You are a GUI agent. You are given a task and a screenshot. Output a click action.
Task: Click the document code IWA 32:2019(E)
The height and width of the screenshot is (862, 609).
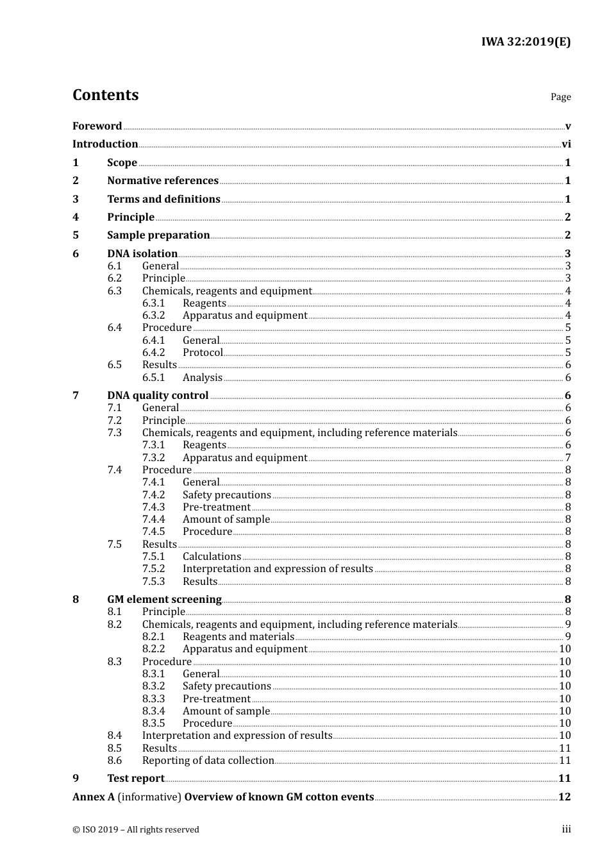(526, 42)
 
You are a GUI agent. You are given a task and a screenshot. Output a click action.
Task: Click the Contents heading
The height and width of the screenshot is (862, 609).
(105, 95)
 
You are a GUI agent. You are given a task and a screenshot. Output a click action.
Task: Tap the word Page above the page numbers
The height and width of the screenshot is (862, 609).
(560, 97)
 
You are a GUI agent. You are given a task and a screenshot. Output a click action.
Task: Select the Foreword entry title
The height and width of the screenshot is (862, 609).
(97, 126)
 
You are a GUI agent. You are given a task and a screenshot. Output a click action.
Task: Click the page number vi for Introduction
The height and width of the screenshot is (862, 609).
(566, 144)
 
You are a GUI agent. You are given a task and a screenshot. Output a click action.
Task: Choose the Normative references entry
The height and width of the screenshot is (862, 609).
(163, 181)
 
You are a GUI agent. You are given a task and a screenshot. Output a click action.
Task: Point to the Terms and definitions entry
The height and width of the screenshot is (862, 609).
(163, 199)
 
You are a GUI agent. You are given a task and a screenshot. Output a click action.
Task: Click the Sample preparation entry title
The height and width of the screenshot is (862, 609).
(158, 235)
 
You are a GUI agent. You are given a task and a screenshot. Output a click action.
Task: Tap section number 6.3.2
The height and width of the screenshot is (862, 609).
(153, 316)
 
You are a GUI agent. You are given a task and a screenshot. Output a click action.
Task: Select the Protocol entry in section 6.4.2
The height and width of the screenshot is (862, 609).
(203, 353)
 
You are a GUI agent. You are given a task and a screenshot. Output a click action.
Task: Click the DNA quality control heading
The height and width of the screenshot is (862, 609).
(158, 396)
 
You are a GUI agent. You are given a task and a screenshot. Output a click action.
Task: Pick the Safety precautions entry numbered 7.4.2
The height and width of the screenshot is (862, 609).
(226, 495)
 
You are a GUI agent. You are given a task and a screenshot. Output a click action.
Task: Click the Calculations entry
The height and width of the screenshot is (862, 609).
(212, 557)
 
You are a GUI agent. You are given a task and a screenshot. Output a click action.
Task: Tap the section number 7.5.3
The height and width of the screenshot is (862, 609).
(153, 582)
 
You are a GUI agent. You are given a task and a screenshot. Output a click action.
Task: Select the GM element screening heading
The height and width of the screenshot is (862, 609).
(164, 600)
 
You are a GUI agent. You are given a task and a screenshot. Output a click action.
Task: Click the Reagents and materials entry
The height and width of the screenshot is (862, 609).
(238, 637)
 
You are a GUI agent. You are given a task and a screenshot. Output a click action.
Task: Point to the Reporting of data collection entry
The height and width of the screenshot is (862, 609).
(208, 761)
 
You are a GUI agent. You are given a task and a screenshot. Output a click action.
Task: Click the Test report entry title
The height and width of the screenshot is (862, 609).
(136, 779)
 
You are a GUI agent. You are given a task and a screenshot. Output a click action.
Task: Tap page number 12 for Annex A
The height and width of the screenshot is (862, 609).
(564, 797)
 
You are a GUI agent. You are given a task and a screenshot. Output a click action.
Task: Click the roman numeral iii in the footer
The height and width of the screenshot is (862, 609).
(566, 829)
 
